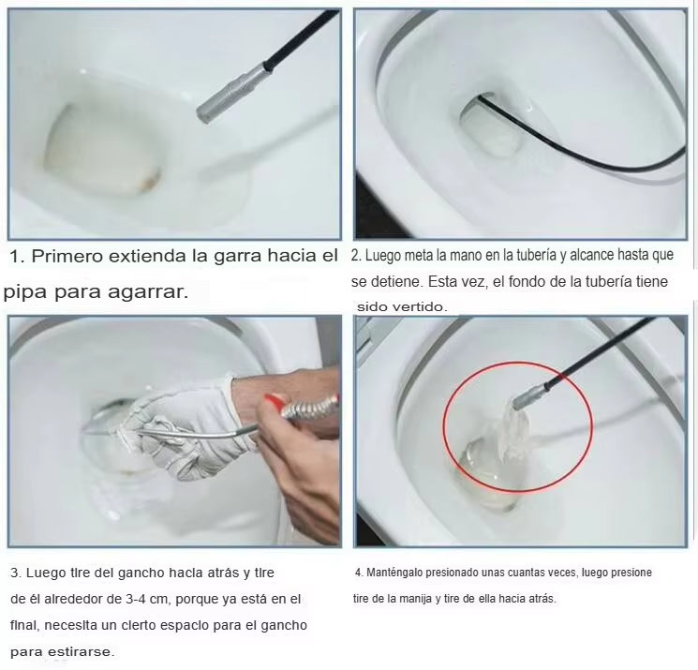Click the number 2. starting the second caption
356,255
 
